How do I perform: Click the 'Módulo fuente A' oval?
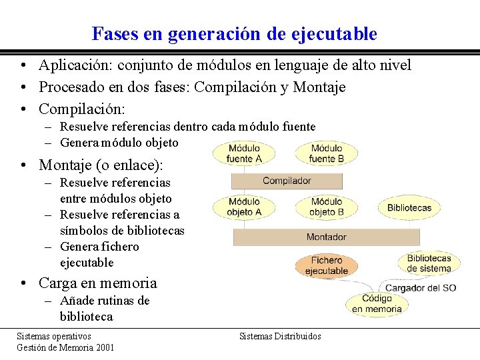(x=244, y=153)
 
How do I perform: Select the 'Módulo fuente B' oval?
(x=327, y=153)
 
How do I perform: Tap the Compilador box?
(x=287, y=181)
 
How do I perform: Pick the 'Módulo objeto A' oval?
(x=244, y=207)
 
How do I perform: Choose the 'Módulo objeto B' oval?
(x=327, y=207)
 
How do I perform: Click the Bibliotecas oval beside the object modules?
(x=409, y=207)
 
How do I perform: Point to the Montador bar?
(x=326, y=237)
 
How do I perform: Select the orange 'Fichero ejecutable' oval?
(x=327, y=265)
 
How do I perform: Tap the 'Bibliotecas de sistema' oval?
(x=429, y=263)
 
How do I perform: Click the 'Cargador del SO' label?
(x=421, y=288)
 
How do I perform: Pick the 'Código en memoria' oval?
(x=377, y=304)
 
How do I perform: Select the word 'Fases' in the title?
(x=114, y=33)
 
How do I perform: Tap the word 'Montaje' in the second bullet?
(x=319, y=87)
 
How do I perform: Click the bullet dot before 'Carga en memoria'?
(x=23, y=283)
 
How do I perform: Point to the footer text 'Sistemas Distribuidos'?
(x=280, y=336)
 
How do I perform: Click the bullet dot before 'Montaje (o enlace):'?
(x=23, y=165)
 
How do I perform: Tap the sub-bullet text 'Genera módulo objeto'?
(x=119, y=142)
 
